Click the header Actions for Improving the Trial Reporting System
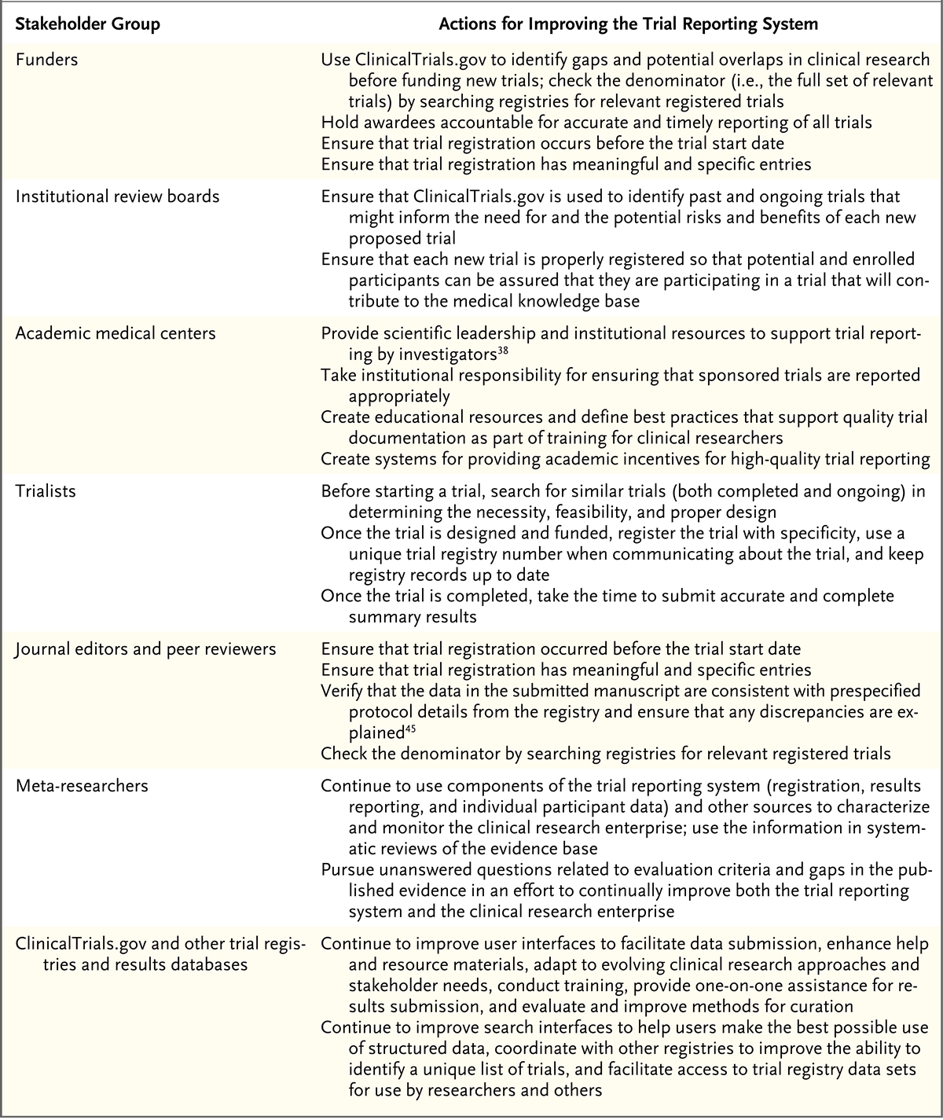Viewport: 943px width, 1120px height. coord(628,24)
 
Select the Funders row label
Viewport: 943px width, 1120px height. coord(47,59)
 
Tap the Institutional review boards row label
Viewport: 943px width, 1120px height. coord(118,196)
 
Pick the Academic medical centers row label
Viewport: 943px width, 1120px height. coord(116,332)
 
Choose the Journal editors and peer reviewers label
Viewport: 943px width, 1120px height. coord(146,649)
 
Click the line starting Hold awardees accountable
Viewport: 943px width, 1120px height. coord(596,123)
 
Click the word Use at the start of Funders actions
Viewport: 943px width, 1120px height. coord(336,59)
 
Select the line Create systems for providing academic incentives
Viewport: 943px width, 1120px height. coord(626,459)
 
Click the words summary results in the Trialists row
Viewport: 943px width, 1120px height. coord(413,617)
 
